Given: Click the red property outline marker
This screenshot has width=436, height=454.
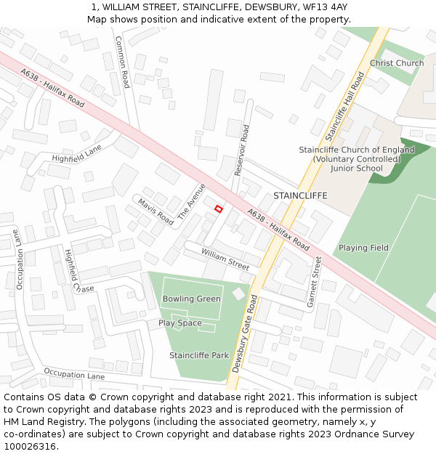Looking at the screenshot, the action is pyautogui.click(x=218, y=209).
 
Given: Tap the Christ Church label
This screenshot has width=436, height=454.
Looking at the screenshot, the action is pyautogui.click(x=396, y=63).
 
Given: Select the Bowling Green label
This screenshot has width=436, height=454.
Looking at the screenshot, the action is pyautogui.click(x=192, y=299).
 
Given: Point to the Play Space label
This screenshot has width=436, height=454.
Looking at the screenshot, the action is pyautogui.click(x=180, y=323).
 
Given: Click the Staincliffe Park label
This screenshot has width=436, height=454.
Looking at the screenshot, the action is pyautogui.click(x=199, y=355).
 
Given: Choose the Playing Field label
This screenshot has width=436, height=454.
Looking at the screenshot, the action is pyautogui.click(x=363, y=248).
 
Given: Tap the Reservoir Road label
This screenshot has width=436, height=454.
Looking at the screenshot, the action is pyautogui.click(x=241, y=150).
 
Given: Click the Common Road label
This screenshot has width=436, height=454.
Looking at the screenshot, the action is pyautogui.click(x=122, y=62).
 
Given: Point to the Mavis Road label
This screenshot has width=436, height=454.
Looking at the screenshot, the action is pyautogui.click(x=156, y=211).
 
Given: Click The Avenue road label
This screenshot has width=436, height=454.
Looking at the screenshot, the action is pyautogui.click(x=191, y=201).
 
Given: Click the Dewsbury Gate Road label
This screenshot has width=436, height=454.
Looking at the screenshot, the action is pyautogui.click(x=244, y=333).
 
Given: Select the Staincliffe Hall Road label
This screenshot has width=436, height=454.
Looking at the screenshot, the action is pyautogui.click(x=344, y=106).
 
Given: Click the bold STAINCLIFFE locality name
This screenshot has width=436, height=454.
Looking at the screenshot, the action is pyautogui.click(x=300, y=195).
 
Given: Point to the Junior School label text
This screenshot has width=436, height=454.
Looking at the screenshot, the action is pyautogui.click(x=356, y=169).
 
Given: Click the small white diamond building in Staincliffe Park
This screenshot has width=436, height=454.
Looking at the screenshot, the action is pyautogui.click(x=239, y=293).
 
